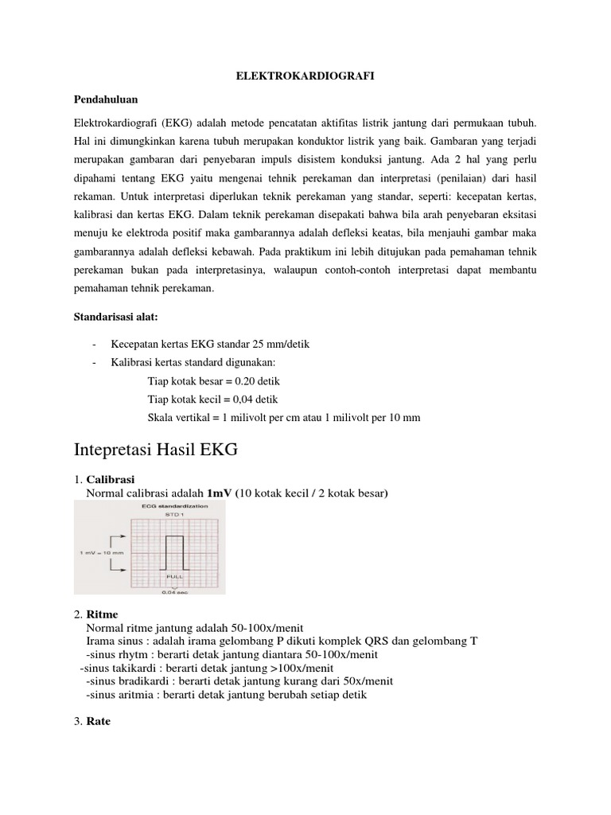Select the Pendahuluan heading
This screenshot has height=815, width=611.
tap(106, 99)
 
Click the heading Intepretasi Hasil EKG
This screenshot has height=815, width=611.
tap(156, 450)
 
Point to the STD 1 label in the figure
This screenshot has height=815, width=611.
tap(173, 515)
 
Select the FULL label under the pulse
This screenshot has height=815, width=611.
tap(173, 575)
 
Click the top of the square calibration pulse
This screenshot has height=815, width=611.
tap(173, 536)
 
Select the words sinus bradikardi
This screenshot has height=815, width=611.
tap(130, 681)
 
